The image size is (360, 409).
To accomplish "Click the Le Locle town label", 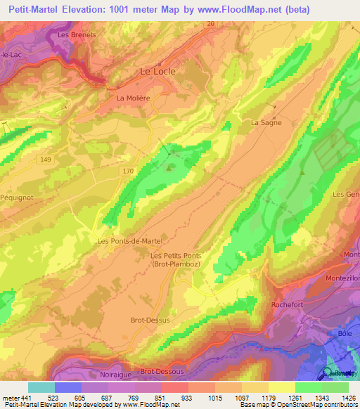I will pos(157,71).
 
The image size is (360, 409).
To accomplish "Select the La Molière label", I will pos(134,98).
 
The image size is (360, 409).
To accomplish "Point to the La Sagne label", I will pos(266,122).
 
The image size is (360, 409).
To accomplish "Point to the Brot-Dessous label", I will pos(162,371).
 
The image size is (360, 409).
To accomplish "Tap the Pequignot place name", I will pos(16,198).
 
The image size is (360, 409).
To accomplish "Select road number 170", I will pos(127,170).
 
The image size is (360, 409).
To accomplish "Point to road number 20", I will pos(210,23).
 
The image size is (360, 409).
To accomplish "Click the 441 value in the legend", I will pos(20,397).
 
